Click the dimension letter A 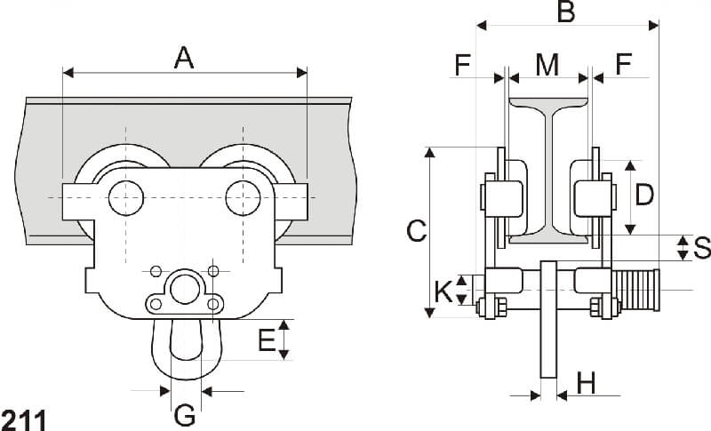[184, 58]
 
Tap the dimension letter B [566, 12]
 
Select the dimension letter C [416, 231]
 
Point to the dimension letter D [643, 196]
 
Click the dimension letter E [267, 340]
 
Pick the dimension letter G [185, 415]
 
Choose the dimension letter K [443, 291]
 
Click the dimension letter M [547, 65]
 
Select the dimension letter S [702, 248]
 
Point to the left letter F [462, 65]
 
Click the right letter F [624, 64]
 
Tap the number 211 [24, 420]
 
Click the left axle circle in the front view [126, 198]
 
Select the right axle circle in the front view [243, 198]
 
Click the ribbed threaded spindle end [635, 290]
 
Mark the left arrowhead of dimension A [68, 73]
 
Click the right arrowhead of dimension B [653, 26]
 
